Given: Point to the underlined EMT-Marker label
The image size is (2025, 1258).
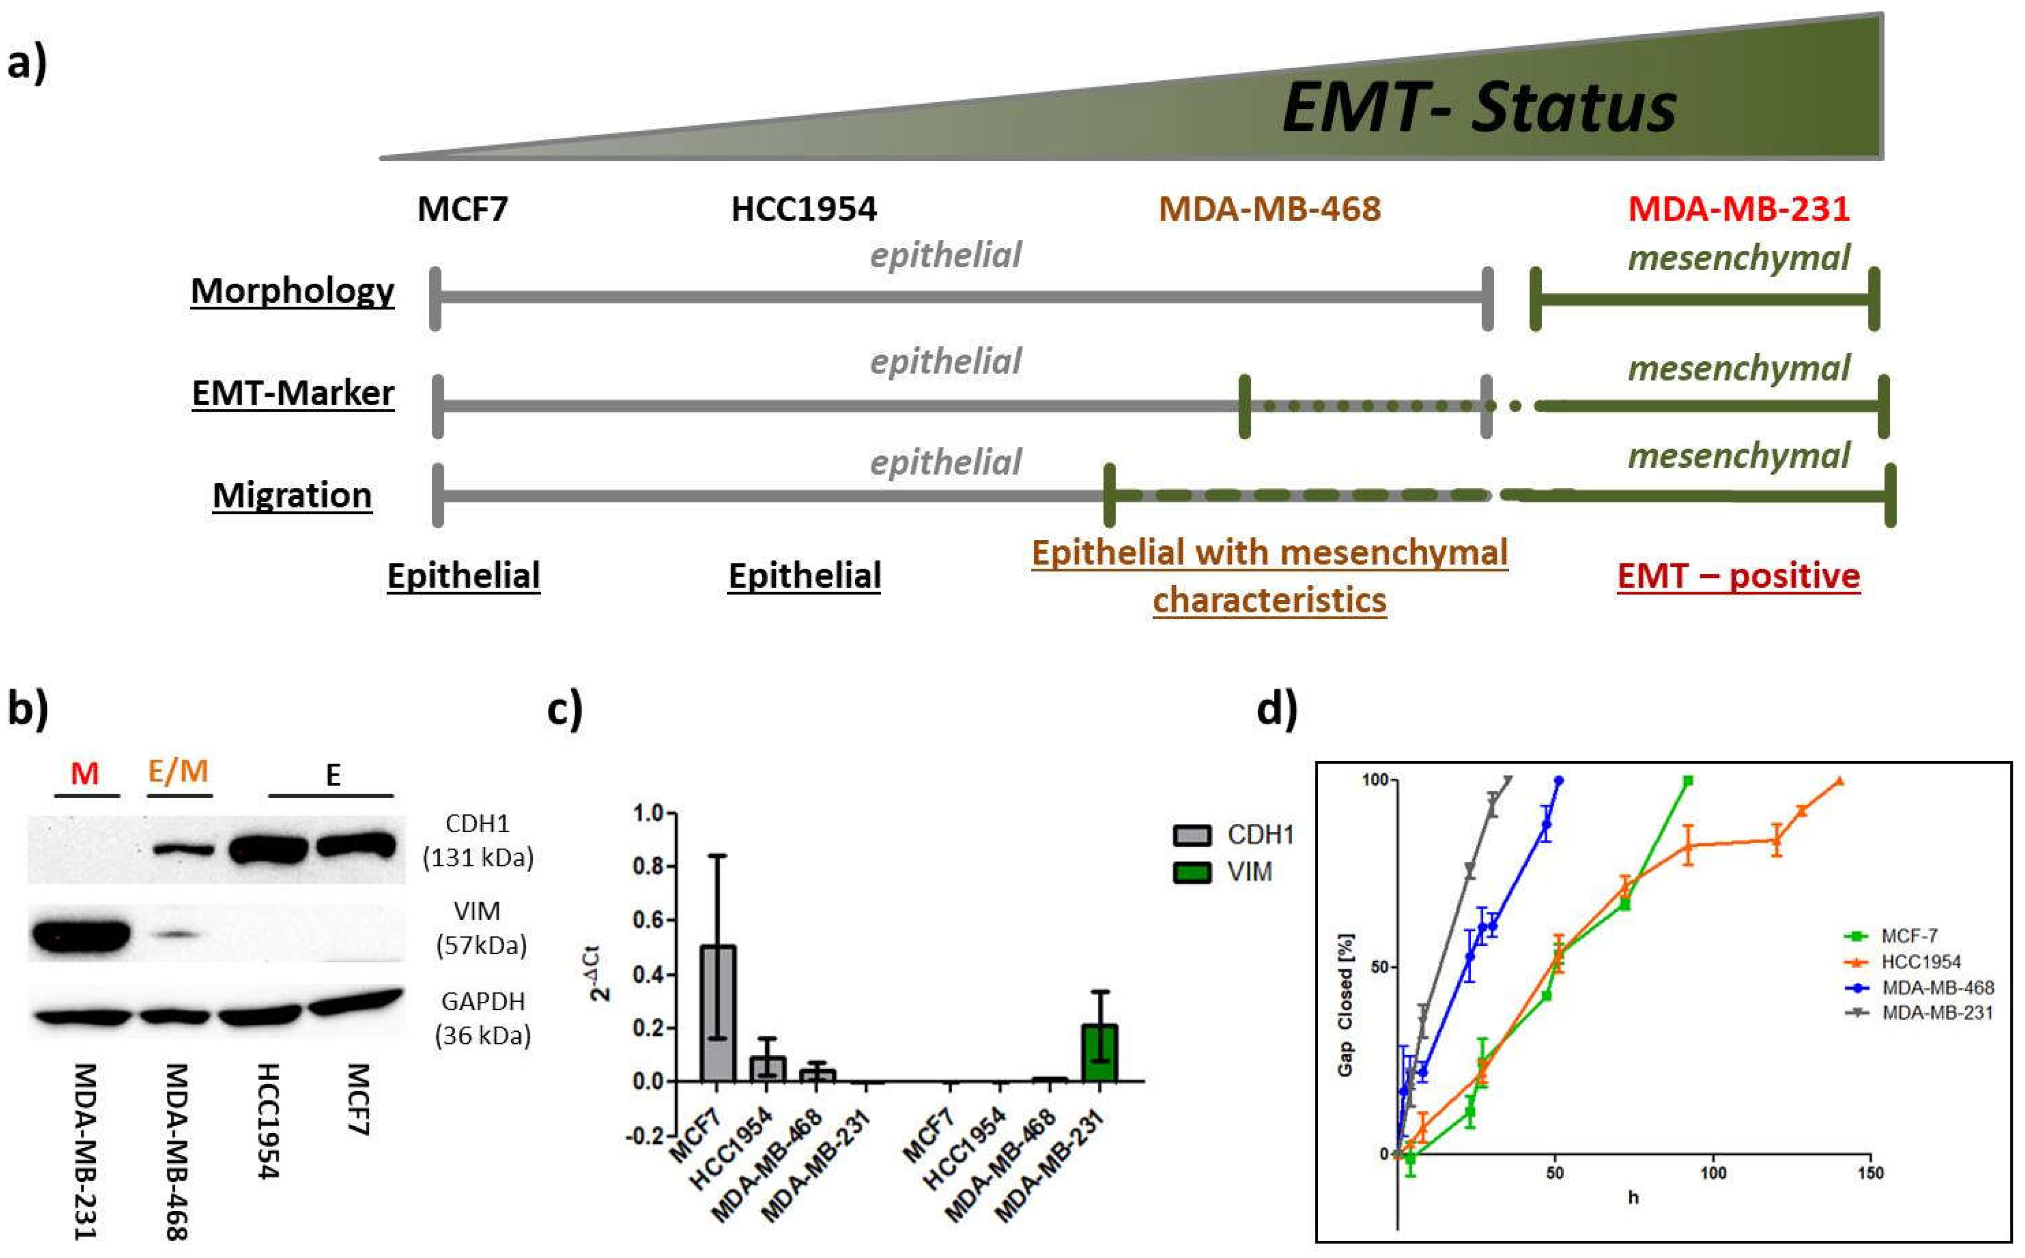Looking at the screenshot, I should [x=293, y=393].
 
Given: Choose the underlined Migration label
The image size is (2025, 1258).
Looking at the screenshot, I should [x=292, y=495].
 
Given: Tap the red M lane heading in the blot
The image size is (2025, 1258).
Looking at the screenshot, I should [x=85, y=774].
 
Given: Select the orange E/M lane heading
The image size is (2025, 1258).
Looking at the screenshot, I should [x=178, y=771].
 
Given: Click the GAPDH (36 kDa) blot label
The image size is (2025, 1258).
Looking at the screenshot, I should [x=483, y=1017].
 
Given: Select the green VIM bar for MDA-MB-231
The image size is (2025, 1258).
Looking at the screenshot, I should [x=1100, y=1052].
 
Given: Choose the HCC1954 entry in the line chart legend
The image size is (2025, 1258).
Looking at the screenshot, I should [x=1921, y=962].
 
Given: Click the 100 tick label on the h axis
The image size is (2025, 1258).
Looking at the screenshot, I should [x=1712, y=1173].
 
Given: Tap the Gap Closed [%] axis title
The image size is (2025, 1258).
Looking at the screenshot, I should [x=1345, y=1004].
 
